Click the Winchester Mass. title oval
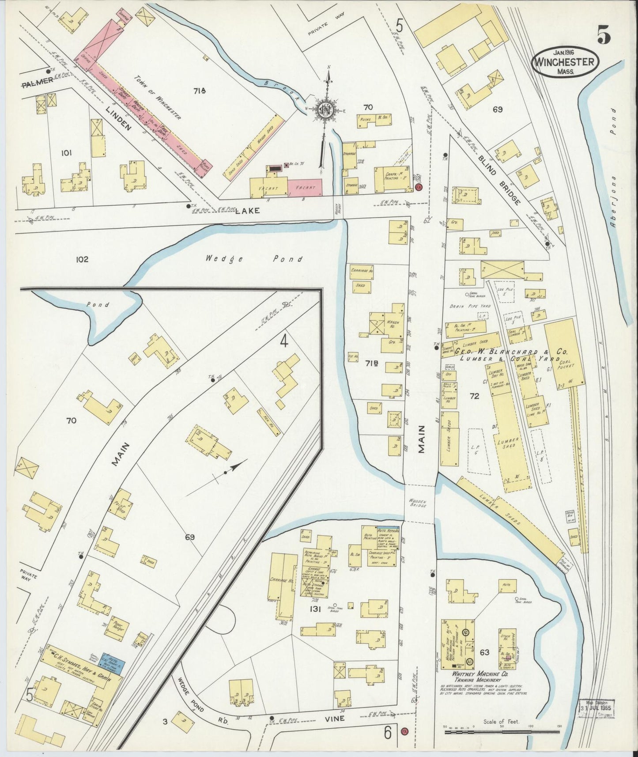[566, 62]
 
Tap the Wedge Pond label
[254, 259]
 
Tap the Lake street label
[247, 211]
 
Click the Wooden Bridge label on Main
[417, 502]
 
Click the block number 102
[82, 259]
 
